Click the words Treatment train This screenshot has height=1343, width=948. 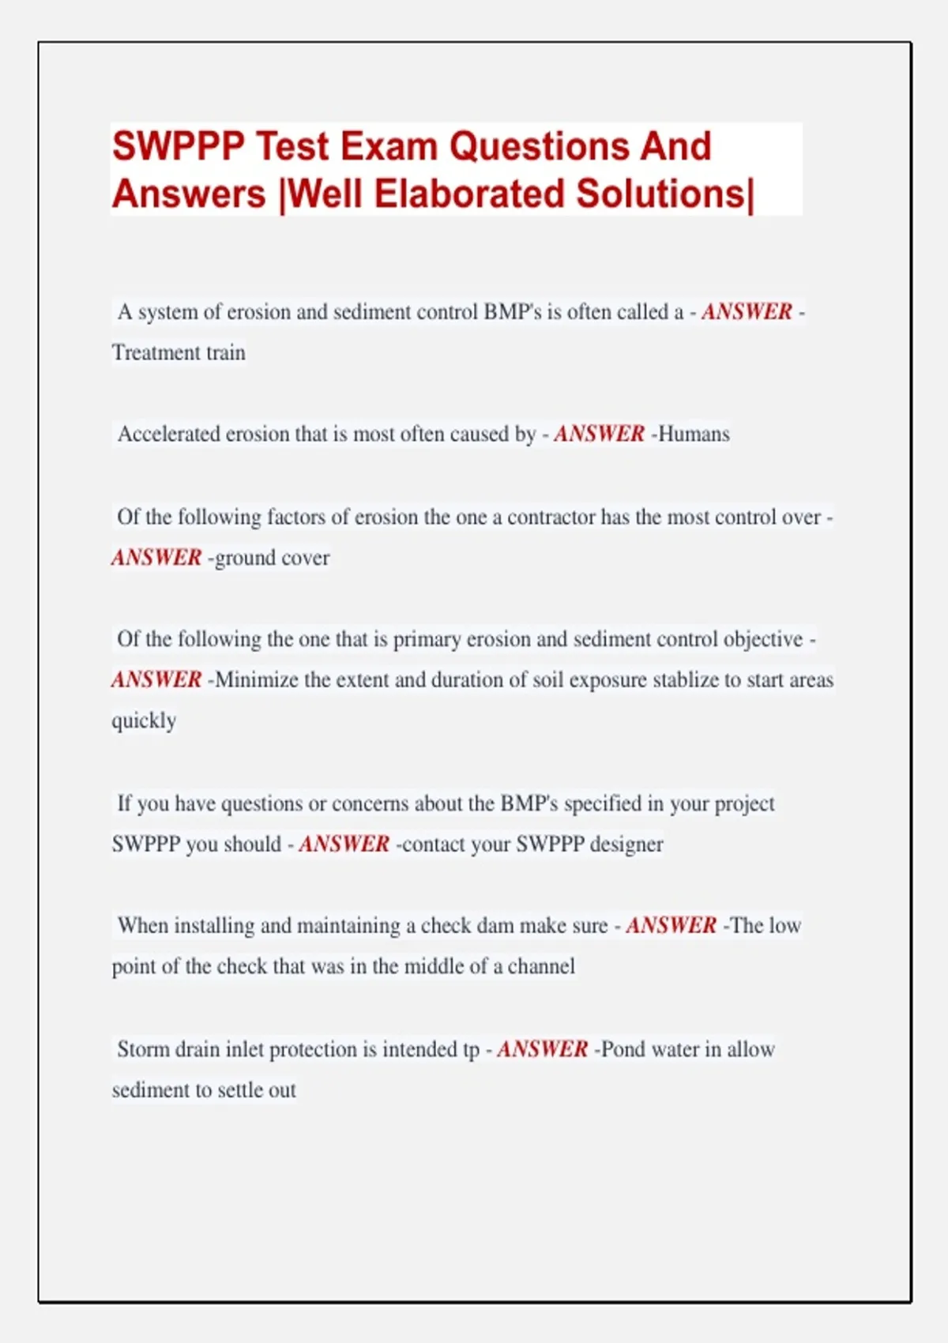[179, 352]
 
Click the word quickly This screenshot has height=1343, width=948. [144, 720]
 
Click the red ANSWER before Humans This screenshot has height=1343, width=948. [600, 434]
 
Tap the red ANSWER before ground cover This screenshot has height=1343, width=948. [156, 558]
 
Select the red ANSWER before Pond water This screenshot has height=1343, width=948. [543, 1049]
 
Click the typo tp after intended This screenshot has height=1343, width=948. [471, 1050]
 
